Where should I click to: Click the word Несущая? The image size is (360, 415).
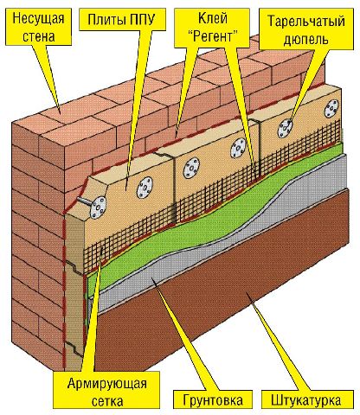pos(38,19)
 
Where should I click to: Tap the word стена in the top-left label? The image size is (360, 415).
pos(39,36)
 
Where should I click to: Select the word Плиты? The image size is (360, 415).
pos(104,20)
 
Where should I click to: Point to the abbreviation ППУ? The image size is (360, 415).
pos(140,20)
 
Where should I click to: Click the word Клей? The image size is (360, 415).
pos(213,18)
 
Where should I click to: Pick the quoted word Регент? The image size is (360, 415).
pos(212,36)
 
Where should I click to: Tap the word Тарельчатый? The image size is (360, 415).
pos(306,22)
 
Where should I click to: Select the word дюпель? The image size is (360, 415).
pos(306,39)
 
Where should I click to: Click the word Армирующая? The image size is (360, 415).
pos(107,384)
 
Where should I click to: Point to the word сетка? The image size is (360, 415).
pos(107,401)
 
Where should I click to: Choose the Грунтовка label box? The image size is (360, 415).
pos(213,400)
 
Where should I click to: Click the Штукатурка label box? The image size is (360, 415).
pos(307,400)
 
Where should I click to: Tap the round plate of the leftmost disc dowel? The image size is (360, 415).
pos(99,207)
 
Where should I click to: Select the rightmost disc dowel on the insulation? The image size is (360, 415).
pos(331,108)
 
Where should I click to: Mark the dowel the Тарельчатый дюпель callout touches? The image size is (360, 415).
pos(286,127)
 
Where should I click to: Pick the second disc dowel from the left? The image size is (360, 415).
pos(145,188)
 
